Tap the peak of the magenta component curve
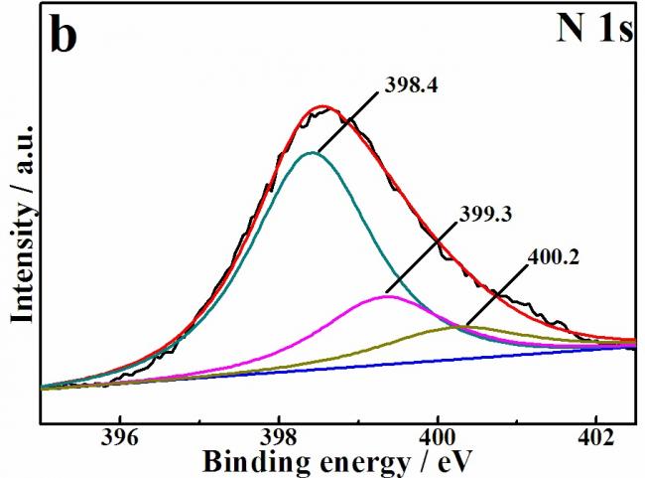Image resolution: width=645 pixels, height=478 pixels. pyautogui.click(x=388, y=296)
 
